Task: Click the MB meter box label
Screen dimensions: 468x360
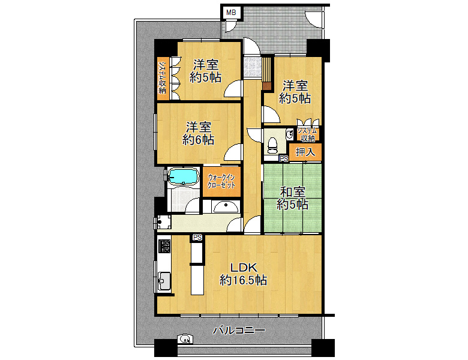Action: [x=231, y=13]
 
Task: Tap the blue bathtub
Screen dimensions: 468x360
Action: [x=183, y=176]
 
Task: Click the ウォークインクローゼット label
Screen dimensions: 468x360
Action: [x=221, y=181]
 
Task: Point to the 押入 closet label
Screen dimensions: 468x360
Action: [x=305, y=152]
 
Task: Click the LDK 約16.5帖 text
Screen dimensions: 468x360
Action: [x=243, y=274]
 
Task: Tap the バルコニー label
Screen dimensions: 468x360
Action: [x=239, y=330]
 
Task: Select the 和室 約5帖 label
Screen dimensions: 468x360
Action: [x=292, y=198]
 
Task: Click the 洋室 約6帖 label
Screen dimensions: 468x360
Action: [x=198, y=133]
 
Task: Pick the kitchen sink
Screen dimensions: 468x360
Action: [x=164, y=281]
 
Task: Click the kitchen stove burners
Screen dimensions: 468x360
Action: [x=164, y=246]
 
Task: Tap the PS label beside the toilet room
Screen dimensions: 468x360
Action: [x=284, y=159]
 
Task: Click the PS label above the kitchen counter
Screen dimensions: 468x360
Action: [x=197, y=238]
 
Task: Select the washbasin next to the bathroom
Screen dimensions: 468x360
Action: [x=226, y=206]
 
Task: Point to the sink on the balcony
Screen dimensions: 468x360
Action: [x=185, y=339]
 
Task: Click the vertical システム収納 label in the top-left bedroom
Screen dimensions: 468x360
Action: [x=163, y=78]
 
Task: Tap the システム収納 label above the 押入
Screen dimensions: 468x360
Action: [x=307, y=134]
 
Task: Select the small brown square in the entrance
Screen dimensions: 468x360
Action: [x=267, y=86]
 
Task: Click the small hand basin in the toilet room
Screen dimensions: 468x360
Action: [x=289, y=134]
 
